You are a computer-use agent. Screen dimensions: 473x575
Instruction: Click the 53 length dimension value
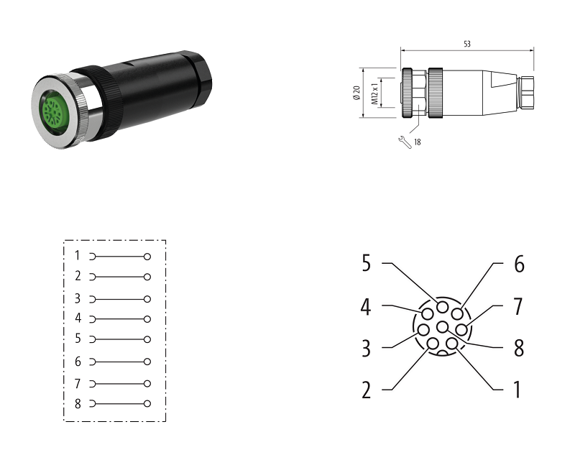click(467, 44)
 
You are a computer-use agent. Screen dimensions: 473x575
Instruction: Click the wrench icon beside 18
click(404, 142)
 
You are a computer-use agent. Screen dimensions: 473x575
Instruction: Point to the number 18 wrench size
click(417, 142)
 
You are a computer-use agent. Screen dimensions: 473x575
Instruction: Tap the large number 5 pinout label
click(366, 264)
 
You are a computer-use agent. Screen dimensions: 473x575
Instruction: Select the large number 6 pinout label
click(519, 264)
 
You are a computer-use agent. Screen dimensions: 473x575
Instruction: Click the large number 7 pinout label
click(517, 306)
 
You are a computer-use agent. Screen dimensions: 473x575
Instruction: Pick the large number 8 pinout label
click(518, 348)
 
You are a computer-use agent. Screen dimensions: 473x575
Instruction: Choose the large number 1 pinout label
click(517, 390)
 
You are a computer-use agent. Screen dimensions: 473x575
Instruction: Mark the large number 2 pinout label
click(366, 390)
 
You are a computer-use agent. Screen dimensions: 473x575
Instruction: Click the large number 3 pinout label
click(366, 349)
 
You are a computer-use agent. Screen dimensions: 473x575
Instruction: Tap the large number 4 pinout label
click(366, 307)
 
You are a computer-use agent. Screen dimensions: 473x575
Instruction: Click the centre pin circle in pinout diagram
click(442, 327)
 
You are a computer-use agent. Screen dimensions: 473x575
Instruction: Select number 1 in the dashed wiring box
click(78, 255)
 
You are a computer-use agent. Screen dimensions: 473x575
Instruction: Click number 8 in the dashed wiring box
click(78, 403)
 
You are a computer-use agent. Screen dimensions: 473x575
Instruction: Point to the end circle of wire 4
click(147, 318)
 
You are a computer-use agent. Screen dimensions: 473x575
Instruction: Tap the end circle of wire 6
click(147, 362)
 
